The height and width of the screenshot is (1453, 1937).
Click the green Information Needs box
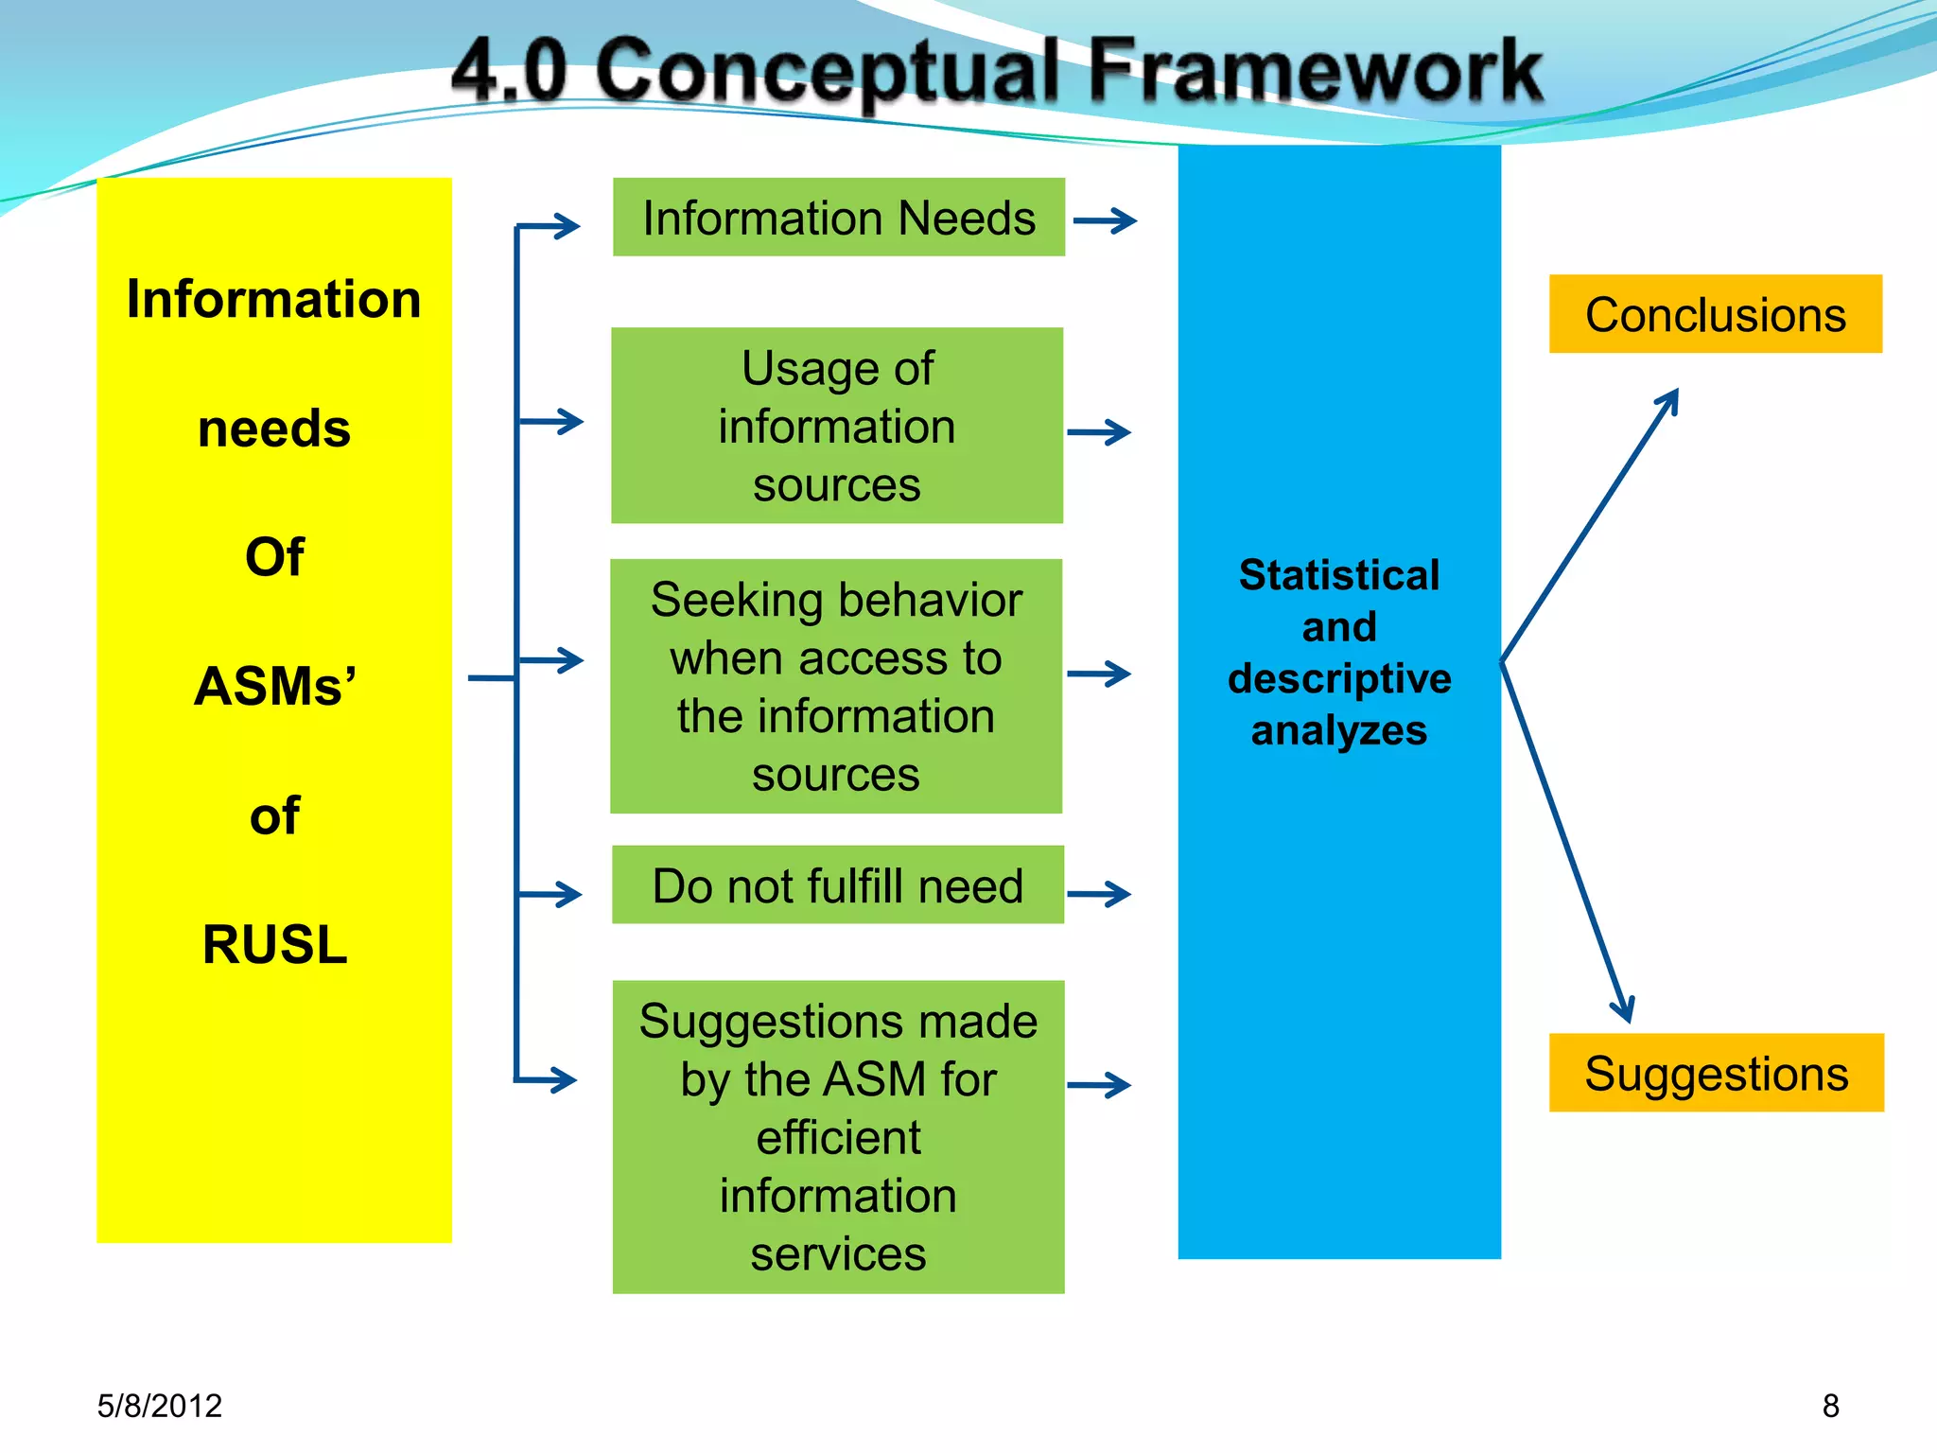coord(838,218)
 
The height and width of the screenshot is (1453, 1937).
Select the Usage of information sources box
coord(837,426)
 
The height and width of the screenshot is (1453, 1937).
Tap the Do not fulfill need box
coord(838,885)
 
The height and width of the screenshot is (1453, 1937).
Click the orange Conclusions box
coord(1715,314)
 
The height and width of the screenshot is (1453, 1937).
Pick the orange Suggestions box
coord(1716,1073)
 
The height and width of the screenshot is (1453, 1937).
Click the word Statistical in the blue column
coord(1339,575)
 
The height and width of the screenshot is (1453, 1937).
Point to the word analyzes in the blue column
coord(1338,731)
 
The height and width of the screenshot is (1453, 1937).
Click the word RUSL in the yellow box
coord(274,944)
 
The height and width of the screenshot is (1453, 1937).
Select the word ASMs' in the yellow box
coord(274,686)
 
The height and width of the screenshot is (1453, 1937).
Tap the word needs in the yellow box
coord(274,429)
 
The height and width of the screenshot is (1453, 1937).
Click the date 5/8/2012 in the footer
coord(159,1406)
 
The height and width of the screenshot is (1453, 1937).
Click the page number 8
coord(1831,1406)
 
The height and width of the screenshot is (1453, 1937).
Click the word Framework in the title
coord(1315,71)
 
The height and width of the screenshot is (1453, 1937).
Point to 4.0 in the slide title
coord(510,71)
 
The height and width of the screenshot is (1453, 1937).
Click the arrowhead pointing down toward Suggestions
coord(1623,1010)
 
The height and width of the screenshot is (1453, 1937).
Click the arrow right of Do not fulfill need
coord(1099,893)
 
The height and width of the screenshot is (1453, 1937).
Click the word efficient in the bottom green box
coord(838,1137)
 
